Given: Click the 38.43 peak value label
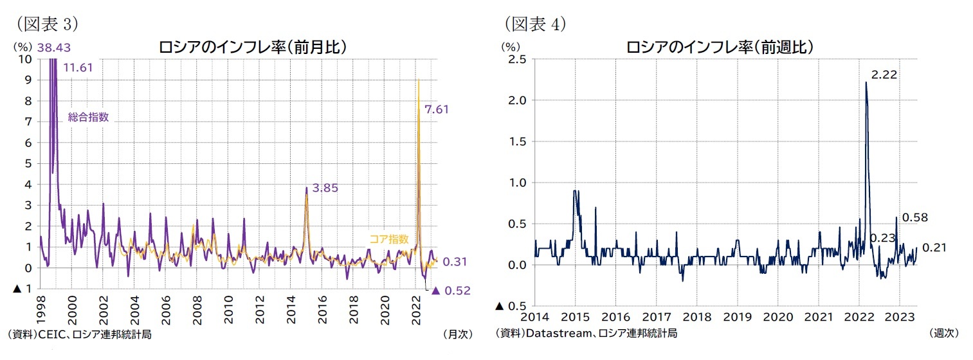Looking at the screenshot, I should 54,48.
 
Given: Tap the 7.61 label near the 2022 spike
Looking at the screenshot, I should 436,110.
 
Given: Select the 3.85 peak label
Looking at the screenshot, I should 325,188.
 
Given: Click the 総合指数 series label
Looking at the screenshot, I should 88,117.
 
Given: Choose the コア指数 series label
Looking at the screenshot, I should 388,239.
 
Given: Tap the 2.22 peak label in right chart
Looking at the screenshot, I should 884,75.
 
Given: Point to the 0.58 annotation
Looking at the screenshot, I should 914,218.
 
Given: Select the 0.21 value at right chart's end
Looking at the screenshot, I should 934,248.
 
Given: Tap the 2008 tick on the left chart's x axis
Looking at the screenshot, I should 197,312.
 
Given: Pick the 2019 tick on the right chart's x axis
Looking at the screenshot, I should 737,317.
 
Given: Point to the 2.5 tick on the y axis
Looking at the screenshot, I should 517,60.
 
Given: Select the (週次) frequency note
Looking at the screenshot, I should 943,333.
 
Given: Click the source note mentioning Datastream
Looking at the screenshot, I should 586,333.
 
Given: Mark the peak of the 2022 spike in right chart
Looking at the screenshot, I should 866,82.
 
